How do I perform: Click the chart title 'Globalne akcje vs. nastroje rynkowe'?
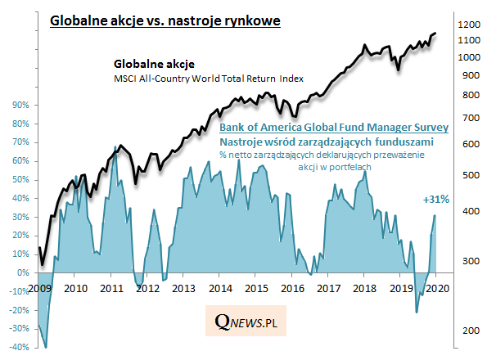tap(166, 19)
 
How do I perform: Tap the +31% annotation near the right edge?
tap(435, 199)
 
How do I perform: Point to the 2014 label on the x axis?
tap(219, 289)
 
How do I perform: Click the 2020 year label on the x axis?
tap(436, 289)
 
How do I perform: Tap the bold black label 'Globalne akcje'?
tap(154, 63)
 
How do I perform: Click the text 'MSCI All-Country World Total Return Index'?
tap(208, 79)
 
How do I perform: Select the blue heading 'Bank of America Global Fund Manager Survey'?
tap(334, 128)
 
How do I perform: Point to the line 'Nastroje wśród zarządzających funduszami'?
tap(334, 142)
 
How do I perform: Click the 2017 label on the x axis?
tap(328, 289)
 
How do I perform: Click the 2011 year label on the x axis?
tap(110, 289)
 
